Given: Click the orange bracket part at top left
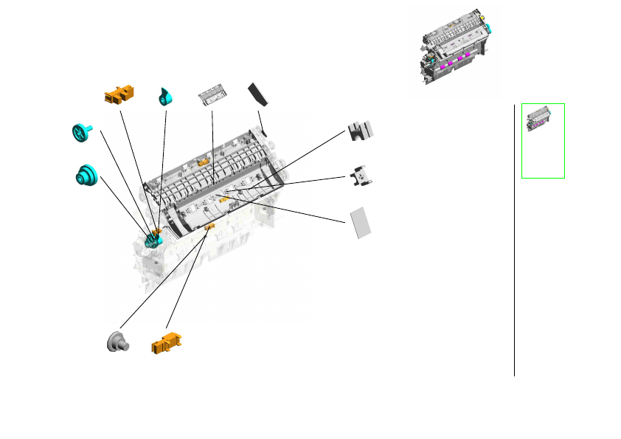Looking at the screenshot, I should click(119, 93).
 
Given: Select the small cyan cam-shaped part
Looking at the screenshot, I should click(165, 97).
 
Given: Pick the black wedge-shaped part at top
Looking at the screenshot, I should click(260, 94).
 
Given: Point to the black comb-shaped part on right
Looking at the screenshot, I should click(361, 130).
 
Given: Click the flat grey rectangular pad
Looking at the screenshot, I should click(359, 222).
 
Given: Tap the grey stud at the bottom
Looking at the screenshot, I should click(116, 342).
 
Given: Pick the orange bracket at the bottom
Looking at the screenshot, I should click(166, 343).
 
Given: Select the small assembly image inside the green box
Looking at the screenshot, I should click(542, 119).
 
